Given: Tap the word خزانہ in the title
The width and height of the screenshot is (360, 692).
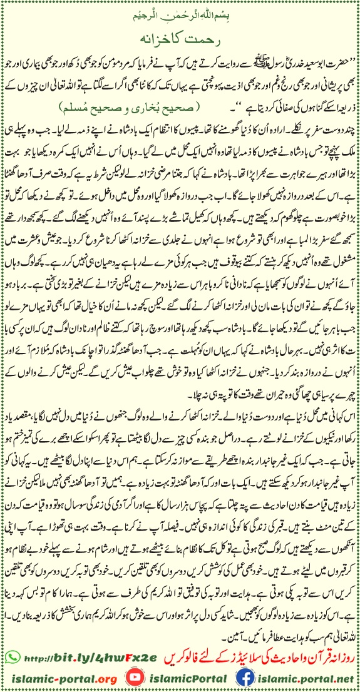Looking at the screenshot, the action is click(161, 36).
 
